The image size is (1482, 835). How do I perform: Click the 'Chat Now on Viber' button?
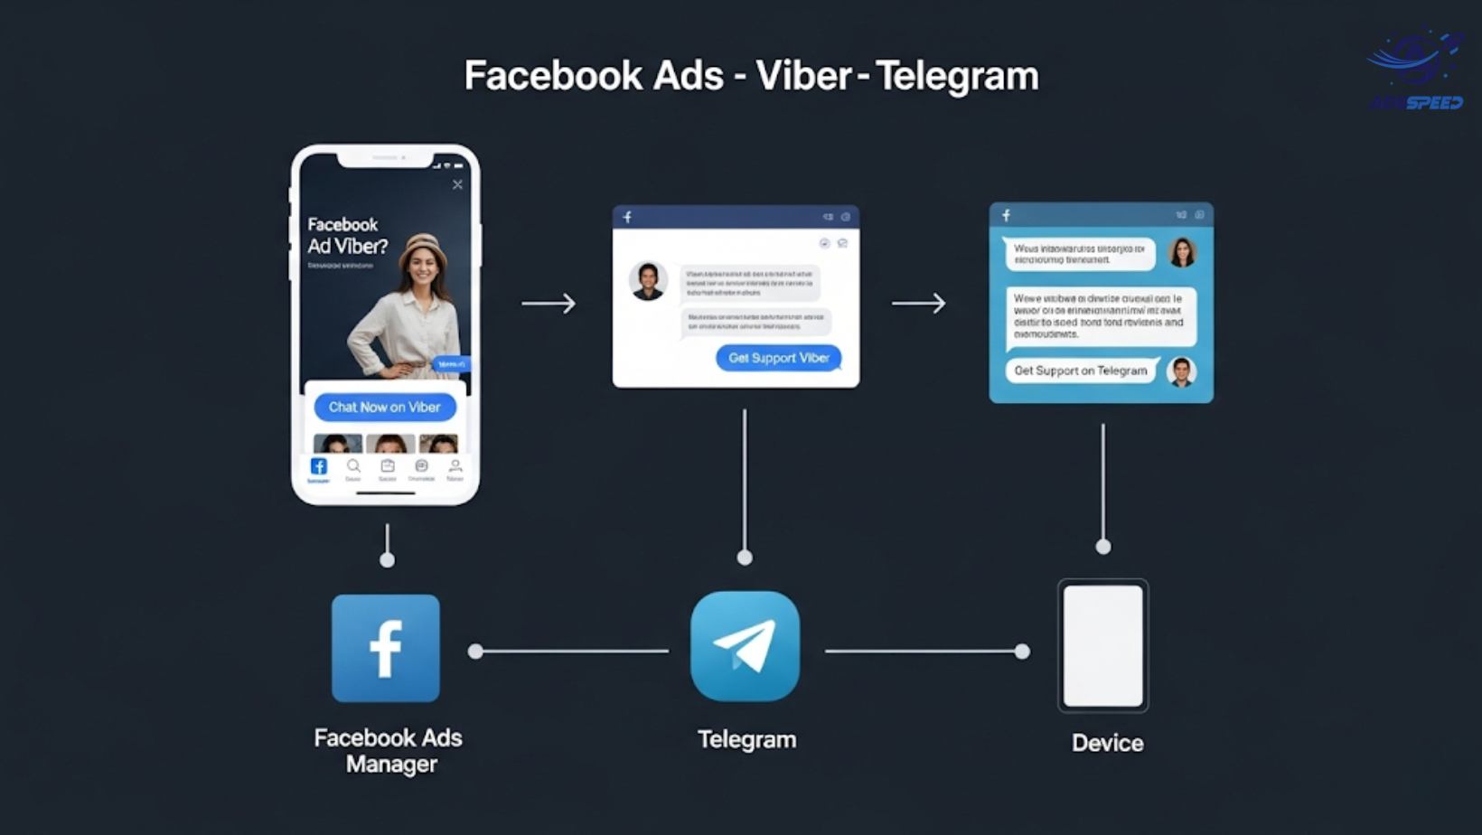tap(385, 408)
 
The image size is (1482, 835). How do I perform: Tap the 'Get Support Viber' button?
tap(778, 358)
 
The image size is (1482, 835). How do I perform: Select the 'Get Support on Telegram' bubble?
tap(1080, 371)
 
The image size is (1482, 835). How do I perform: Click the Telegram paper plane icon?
tap(745, 646)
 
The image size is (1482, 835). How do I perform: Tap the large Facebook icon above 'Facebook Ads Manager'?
tap(386, 648)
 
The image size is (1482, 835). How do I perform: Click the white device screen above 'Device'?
tap(1102, 645)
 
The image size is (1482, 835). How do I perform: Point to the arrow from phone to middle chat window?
tap(549, 303)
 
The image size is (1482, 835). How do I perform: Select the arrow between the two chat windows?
tap(918, 303)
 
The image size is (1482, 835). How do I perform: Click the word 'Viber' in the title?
tap(803, 76)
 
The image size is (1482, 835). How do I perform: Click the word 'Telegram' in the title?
tap(957, 76)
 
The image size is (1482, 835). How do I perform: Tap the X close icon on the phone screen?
tap(457, 184)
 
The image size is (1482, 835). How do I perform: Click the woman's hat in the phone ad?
tap(423, 245)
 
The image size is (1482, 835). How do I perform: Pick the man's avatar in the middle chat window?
tap(648, 281)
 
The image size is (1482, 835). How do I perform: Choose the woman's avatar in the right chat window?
tap(1181, 252)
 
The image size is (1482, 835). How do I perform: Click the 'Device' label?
tap(1107, 743)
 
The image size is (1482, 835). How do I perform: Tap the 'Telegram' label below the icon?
tap(746, 739)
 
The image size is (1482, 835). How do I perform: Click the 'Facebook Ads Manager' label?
tap(389, 750)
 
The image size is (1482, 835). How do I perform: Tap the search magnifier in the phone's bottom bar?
tap(353, 466)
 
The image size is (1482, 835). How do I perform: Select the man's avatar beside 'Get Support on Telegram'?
tap(1181, 371)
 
